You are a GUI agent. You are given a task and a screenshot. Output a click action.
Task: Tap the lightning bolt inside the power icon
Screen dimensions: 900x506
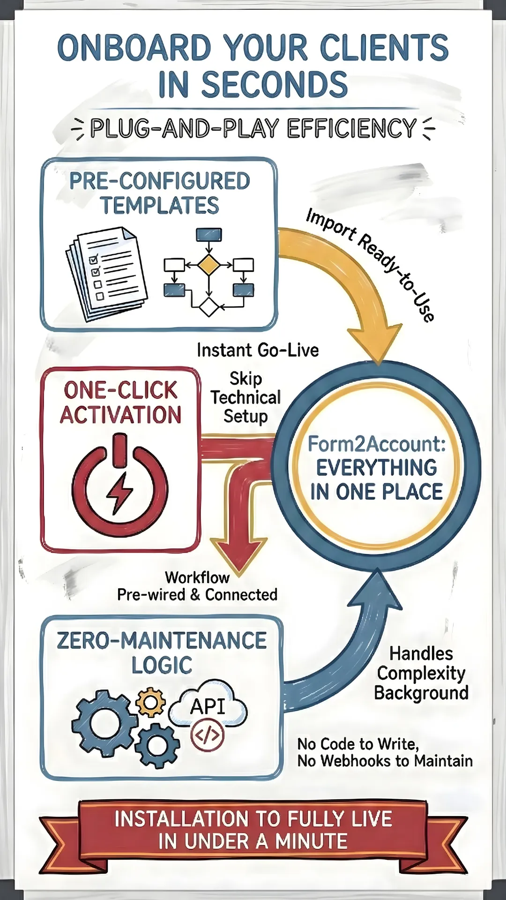[x=120, y=492]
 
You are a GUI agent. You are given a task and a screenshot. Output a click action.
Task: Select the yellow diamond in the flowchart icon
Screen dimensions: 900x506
[x=208, y=265]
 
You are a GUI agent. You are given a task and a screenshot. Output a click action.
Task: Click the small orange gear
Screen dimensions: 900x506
[x=150, y=702]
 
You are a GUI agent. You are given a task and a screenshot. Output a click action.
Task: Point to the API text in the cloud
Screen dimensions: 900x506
[x=208, y=706]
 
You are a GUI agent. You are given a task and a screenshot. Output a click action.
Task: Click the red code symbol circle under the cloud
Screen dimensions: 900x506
[x=207, y=735]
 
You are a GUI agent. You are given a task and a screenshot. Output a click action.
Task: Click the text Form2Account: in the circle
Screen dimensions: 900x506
[x=377, y=444]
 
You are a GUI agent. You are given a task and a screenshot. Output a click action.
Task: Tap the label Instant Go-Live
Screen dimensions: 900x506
[x=258, y=350]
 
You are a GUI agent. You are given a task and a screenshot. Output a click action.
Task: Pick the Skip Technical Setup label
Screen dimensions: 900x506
[x=246, y=397]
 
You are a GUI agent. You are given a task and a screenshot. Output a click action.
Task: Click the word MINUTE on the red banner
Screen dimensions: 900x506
[x=311, y=841]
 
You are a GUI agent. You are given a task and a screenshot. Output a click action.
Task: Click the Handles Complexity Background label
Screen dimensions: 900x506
[x=421, y=673]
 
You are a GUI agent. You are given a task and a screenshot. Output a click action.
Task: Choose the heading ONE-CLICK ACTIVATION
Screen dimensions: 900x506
[x=120, y=403]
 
